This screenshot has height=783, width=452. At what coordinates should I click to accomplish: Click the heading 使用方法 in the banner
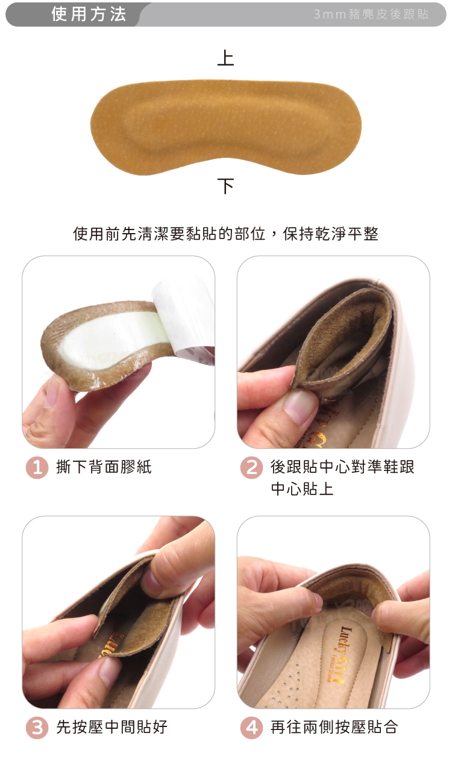[89, 14]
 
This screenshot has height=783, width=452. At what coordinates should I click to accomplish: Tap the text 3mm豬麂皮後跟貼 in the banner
[371, 14]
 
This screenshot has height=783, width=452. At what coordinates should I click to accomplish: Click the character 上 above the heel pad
[225, 58]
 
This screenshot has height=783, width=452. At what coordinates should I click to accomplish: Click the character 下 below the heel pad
[225, 186]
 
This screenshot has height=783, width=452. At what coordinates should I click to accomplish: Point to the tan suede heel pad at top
[225, 126]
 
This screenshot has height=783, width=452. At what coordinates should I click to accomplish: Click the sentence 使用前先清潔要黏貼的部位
[169, 234]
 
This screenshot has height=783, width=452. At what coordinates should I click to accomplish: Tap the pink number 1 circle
[37, 468]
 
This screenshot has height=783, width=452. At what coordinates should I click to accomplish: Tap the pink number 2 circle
[251, 468]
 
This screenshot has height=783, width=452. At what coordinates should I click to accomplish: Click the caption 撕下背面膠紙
[104, 467]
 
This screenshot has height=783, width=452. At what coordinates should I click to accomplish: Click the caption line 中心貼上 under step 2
[302, 488]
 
